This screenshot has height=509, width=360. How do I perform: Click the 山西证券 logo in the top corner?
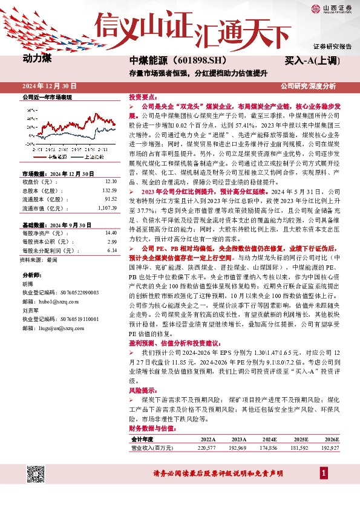[x=332, y=8]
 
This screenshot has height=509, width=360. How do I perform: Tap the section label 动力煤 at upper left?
[x=38, y=60]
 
